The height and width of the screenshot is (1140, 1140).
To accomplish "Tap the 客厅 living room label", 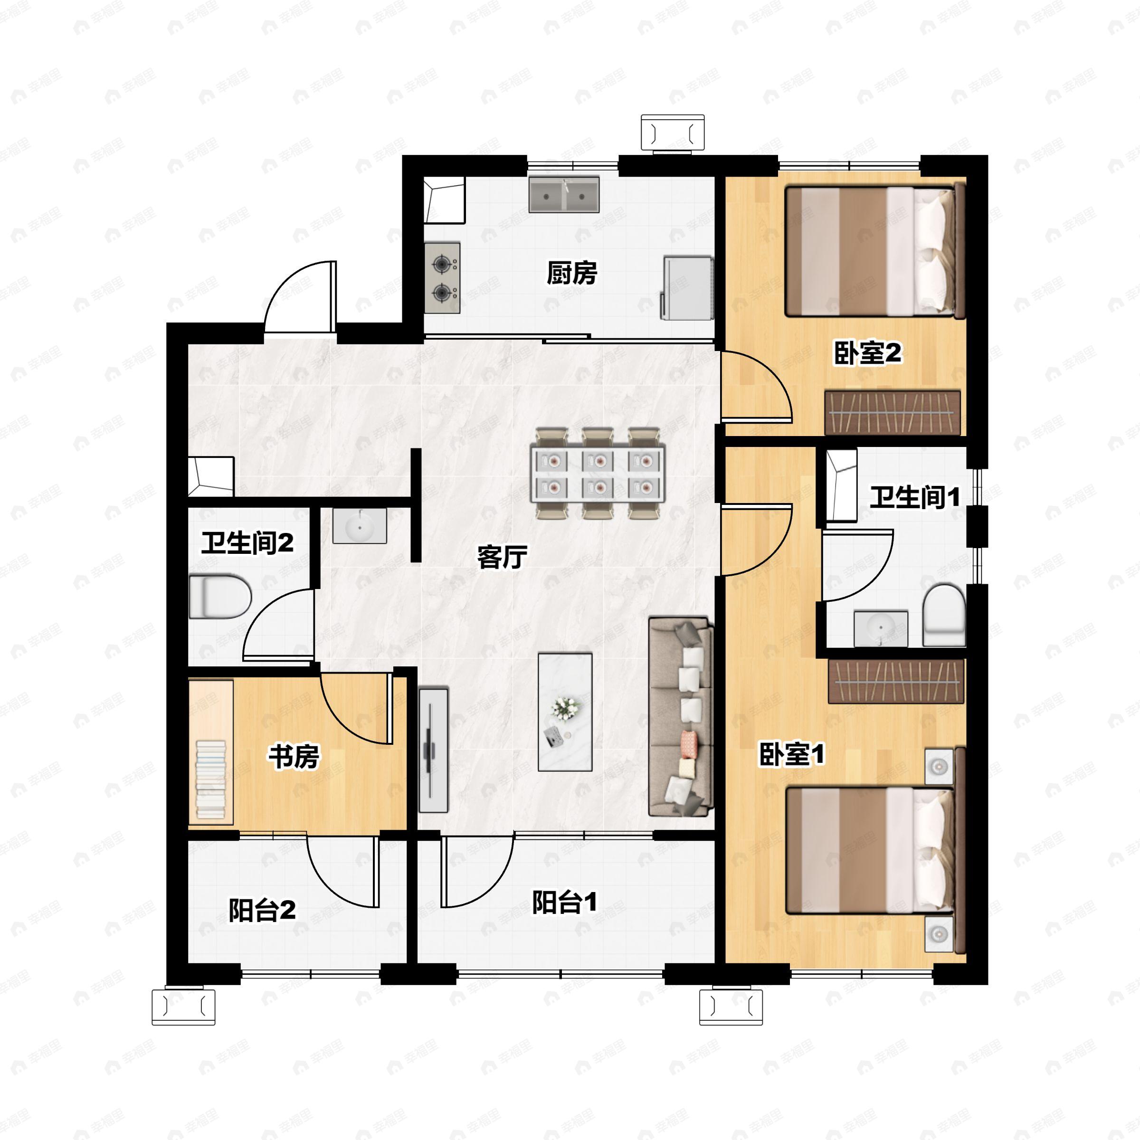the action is (x=502, y=556).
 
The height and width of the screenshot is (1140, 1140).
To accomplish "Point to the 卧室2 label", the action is (x=867, y=353).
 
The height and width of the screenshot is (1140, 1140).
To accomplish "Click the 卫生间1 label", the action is (x=914, y=497).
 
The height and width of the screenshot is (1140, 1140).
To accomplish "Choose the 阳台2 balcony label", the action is (x=262, y=911).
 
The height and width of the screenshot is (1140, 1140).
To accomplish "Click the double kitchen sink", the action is (x=564, y=194).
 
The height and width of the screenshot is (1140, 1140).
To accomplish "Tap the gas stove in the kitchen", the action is (x=442, y=277).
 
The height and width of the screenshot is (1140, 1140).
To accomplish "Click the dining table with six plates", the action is (x=598, y=474).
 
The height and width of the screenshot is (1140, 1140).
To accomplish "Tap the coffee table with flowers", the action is (x=565, y=712).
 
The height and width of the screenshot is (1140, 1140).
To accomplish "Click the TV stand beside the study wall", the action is (x=433, y=750).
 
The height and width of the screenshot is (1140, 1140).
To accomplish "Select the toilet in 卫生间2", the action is (x=220, y=597).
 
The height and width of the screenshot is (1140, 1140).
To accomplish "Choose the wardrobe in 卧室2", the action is (x=892, y=412).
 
